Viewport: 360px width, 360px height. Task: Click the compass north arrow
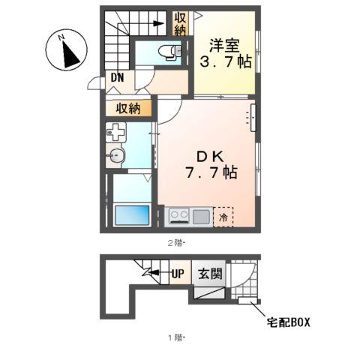click(70, 55)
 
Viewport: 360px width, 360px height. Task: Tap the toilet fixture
click(169, 52)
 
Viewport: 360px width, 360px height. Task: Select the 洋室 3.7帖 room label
click(226, 53)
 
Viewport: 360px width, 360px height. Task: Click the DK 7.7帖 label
click(211, 165)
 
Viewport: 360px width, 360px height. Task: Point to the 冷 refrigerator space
click(223, 217)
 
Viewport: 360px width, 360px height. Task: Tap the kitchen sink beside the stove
click(201, 217)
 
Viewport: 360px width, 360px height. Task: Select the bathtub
click(132, 215)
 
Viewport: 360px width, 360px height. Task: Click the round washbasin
click(115, 156)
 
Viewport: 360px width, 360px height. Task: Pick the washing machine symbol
click(115, 132)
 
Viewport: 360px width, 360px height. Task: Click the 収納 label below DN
click(128, 109)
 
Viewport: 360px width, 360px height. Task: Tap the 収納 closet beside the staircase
click(181, 24)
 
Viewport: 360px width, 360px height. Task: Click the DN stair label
click(117, 77)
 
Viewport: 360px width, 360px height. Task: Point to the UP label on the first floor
click(178, 274)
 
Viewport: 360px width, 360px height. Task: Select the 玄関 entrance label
click(210, 274)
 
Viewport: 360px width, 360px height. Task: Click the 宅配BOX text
click(288, 322)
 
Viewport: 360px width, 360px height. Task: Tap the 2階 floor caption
click(176, 243)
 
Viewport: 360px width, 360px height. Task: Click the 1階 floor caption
click(176, 338)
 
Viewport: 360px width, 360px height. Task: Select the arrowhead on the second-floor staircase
click(158, 24)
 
